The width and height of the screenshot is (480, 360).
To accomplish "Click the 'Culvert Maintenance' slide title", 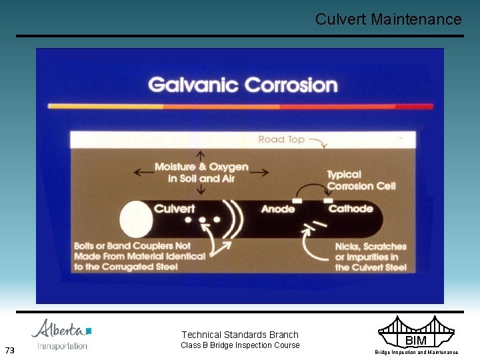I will (x=388, y=19).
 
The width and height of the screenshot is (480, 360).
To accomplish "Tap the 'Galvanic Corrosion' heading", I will (x=243, y=85).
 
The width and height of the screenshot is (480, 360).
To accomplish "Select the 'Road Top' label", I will (x=281, y=139).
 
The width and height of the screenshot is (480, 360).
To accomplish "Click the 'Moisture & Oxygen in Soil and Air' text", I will (x=201, y=173).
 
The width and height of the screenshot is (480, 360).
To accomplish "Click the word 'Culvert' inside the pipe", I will (x=175, y=209).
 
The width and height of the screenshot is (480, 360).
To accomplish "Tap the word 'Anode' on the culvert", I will (x=278, y=209).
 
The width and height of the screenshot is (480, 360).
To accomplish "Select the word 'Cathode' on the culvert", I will (x=351, y=209).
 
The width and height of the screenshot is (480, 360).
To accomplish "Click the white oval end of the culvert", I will (x=135, y=219).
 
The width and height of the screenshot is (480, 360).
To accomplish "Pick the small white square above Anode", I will (x=298, y=199).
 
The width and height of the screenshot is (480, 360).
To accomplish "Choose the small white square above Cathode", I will (x=328, y=199).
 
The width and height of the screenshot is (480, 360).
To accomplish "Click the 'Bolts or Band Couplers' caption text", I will (x=139, y=256).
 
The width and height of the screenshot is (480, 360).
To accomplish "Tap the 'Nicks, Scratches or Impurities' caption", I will (x=371, y=257).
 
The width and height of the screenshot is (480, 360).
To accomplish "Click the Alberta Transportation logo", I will (x=62, y=335).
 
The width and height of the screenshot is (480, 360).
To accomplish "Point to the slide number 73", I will (x=9, y=350).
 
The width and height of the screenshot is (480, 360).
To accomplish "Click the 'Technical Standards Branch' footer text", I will (x=240, y=335).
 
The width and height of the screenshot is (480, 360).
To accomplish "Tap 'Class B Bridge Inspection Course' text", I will (x=240, y=345).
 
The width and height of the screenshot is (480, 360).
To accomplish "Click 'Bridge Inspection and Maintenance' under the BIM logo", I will (x=416, y=352).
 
